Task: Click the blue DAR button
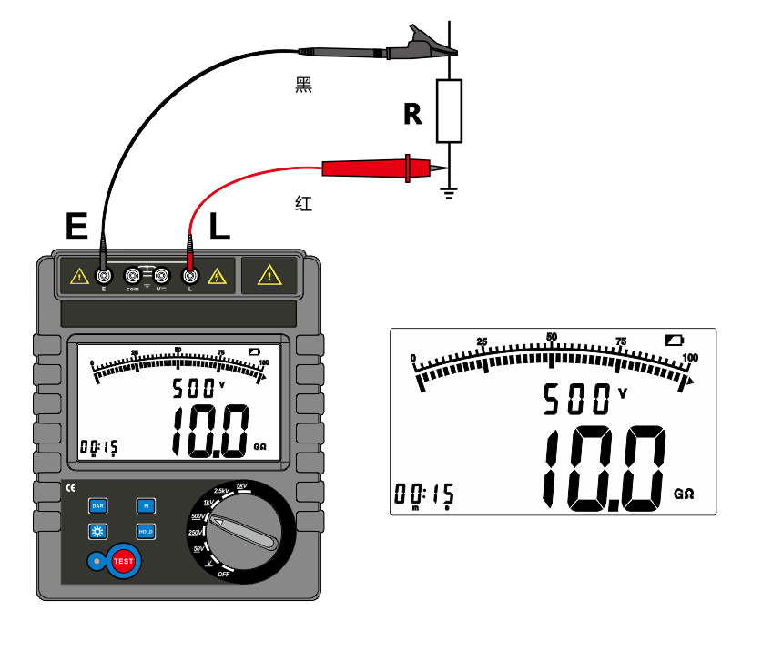tap(97, 505)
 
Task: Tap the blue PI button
tap(145, 505)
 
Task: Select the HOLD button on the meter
tap(145, 531)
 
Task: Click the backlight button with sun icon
tap(97, 531)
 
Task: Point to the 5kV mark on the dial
tap(241, 485)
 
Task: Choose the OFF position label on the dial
tap(224, 575)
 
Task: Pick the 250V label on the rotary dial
tap(194, 532)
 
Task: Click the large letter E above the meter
tap(76, 226)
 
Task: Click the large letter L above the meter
tap(219, 226)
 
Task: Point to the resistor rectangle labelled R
tap(449, 111)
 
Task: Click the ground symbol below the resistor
tap(448, 192)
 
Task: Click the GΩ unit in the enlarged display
tap(685, 494)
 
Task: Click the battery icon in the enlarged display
tap(674, 340)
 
